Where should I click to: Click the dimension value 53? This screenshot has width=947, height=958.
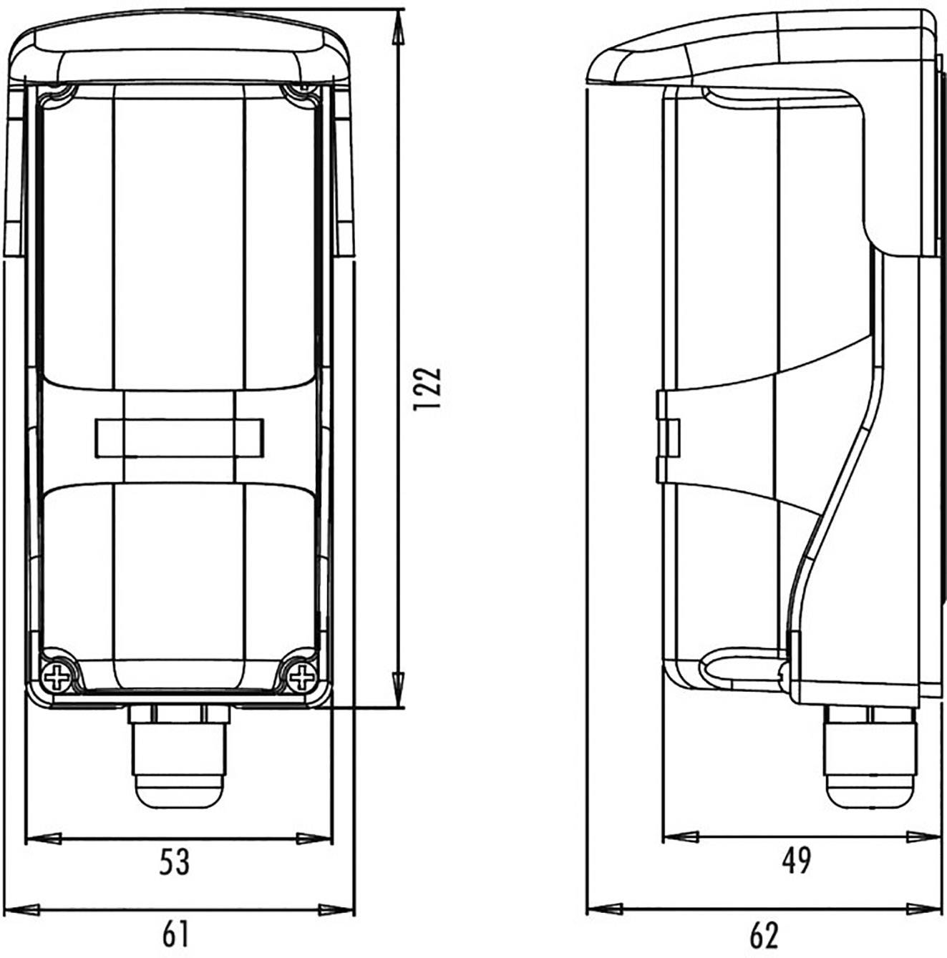pyautogui.click(x=174, y=862)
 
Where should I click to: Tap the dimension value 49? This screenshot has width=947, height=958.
pyautogui.click(x=796, y=861)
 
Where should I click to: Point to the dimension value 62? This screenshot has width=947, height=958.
pyautogui.click(x=764, y=934)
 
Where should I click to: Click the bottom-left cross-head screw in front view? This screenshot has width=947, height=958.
pyautogui.click(x=57, y=675)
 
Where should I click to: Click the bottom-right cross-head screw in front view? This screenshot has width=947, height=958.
pyautogui.click(x=302, y=675)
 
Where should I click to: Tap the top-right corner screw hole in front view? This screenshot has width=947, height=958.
pyautogui.click(x=301, y=92)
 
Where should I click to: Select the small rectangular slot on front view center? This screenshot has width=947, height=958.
pyautogui.click(x=179, y=438)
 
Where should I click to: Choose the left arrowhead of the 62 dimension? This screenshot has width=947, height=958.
pyautogui.click(x=602, y=910)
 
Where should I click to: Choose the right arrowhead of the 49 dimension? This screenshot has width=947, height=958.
pyautogui.click(x=923, y=836)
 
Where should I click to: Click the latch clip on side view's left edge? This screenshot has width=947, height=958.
pyautogui.click(x=667, y=436)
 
